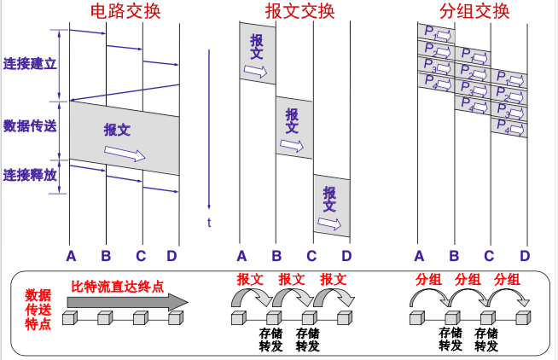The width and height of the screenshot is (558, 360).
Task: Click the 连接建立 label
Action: pyautogui.click(x=29, y=64)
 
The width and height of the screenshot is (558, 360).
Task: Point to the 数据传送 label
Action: pyautogui.click(x=29, y=126)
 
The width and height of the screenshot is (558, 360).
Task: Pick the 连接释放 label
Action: pyautogui.click(x=29, y=175)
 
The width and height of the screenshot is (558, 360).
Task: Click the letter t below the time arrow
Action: pyautogui.click(x=209, y=224)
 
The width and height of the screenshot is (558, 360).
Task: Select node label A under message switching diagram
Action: pyautogui.click(x=241, y=255)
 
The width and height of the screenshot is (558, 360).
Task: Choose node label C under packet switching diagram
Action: pyautogui.click(x=489, y=255)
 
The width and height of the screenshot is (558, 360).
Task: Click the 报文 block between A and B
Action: pyautogui.click(x=258, y=54)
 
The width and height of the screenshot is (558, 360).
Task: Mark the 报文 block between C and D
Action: pyautogui.click(x=331, y=205)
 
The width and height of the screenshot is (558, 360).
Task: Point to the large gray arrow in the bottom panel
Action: pyautogui.click(x=128, y=301)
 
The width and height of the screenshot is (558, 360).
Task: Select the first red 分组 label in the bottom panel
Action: pyautogui.click(x=429, y=279)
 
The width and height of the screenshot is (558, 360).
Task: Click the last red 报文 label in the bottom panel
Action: pyautogui.click(x=334, y=279)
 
